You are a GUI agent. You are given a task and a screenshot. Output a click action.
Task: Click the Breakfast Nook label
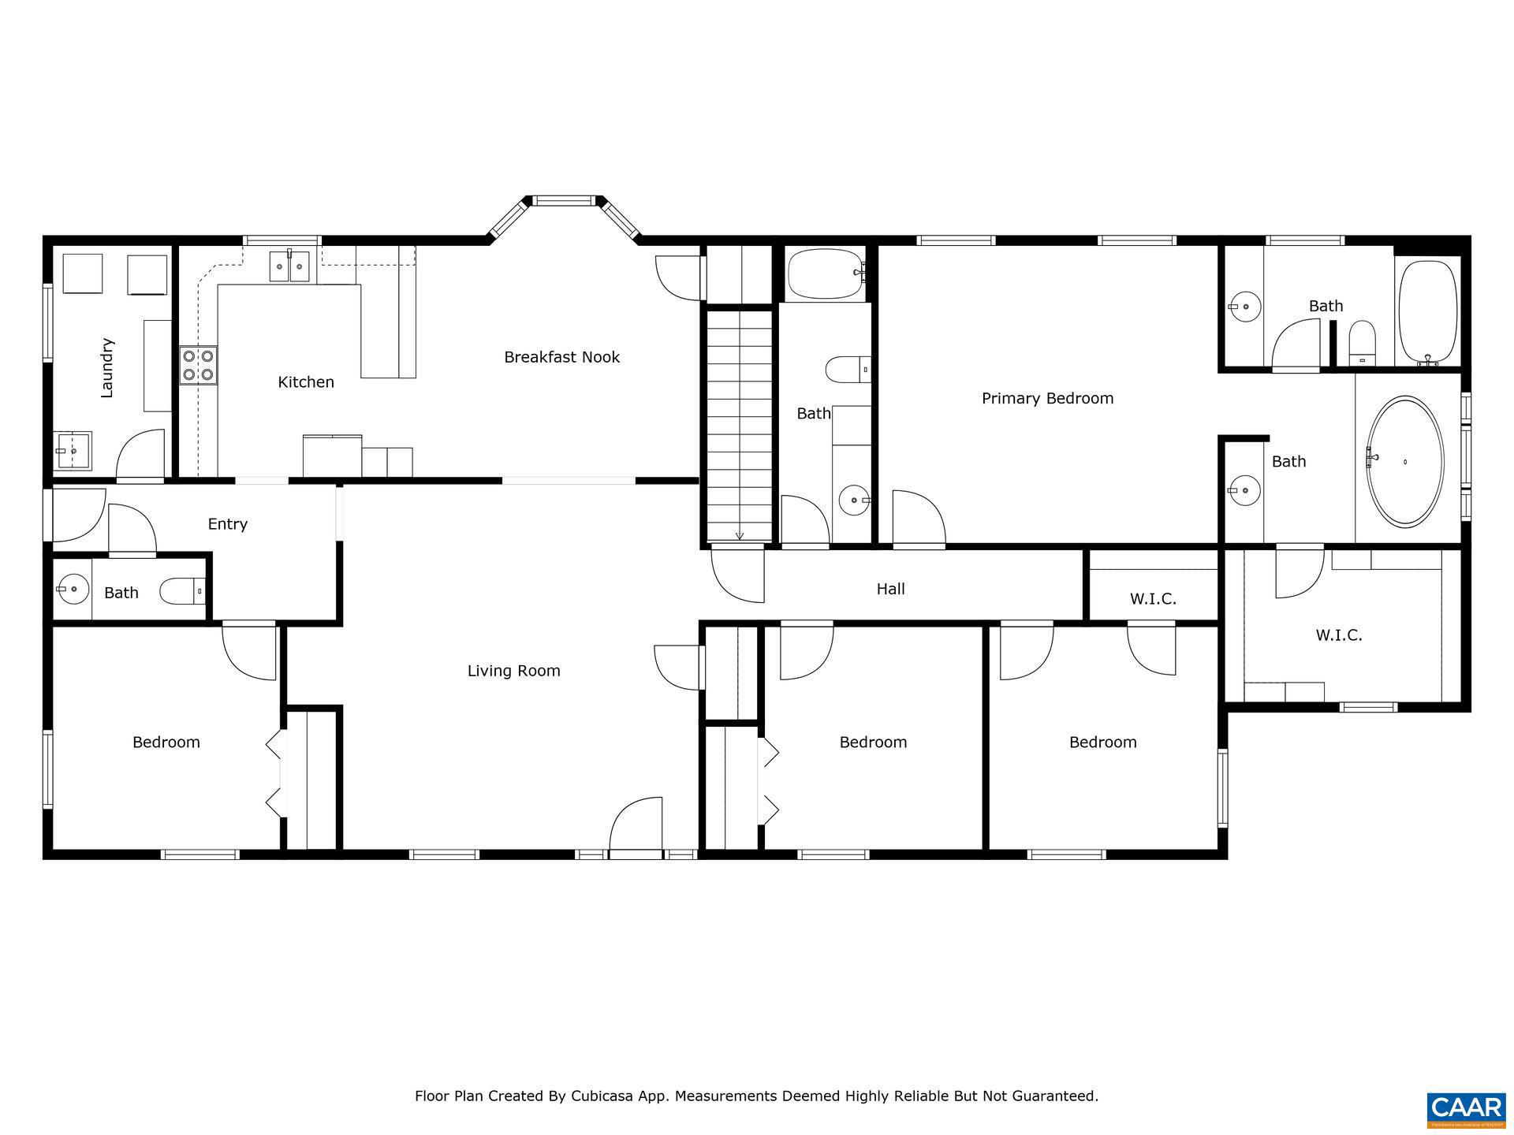tap(561, 357)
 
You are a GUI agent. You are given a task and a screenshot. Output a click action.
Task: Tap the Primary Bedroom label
tap(1047, 399)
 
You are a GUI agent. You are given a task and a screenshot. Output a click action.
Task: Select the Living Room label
tap(513, 671)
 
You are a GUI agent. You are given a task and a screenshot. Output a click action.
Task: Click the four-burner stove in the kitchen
tap(198, 366)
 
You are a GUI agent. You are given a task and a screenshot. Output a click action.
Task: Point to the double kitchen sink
tap(289, 266)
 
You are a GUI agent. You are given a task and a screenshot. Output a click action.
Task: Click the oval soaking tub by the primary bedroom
tap(1404, 462)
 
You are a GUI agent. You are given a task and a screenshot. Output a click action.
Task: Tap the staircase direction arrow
tap(740, 535)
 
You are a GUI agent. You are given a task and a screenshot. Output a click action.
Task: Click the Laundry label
tap(107, 367)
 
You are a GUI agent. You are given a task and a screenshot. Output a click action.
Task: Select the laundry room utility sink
tap(73, 451)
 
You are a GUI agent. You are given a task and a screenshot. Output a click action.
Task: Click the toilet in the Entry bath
tap(181, 590)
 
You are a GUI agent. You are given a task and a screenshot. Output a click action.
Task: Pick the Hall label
tap(890, 589)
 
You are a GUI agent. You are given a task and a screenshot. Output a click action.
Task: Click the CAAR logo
tap(1466, 1108)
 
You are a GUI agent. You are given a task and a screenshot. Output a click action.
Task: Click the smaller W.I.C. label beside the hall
tap(1152, 599)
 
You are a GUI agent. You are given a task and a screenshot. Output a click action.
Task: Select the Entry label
tap(227, 524)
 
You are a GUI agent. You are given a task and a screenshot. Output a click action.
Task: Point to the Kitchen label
tap(306, 382)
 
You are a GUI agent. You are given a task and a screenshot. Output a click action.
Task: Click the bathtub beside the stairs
tap(825, 274)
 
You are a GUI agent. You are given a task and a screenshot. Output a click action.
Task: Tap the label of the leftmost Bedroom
tap(166, 742)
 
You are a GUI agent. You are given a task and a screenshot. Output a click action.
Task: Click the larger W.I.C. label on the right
tap(1338, 635)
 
